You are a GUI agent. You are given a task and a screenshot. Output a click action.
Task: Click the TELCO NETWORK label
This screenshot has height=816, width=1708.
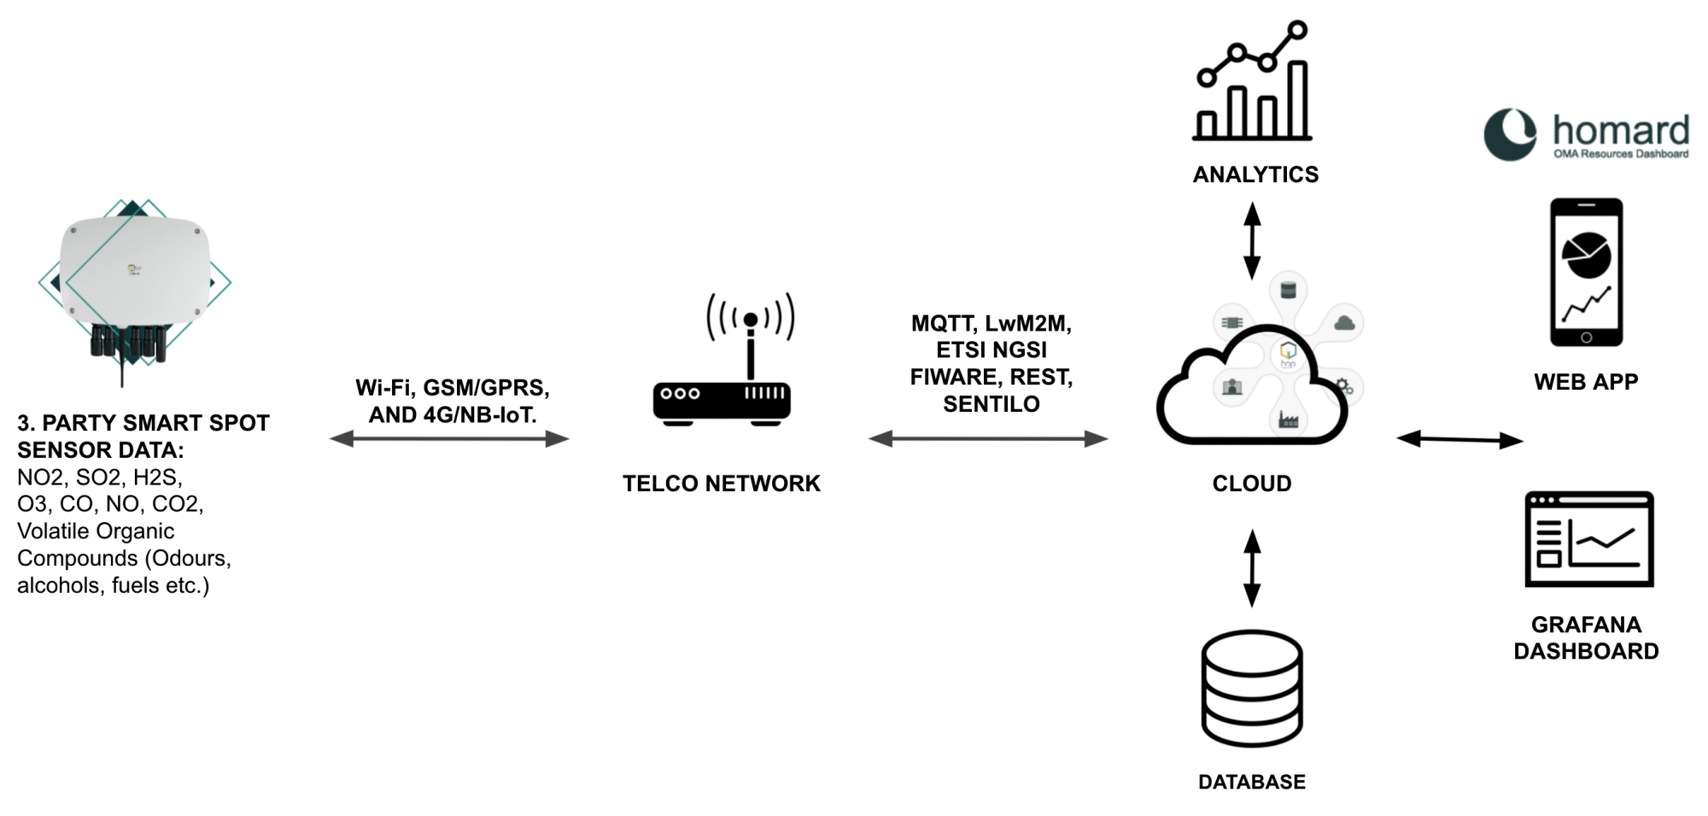point(721,484)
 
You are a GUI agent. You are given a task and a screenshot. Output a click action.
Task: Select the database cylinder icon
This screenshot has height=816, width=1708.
point(1252,688)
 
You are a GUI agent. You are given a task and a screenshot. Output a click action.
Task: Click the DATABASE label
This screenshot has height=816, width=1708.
point(1252,782)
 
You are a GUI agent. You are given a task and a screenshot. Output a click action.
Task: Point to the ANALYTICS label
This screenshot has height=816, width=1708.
point(1255,174)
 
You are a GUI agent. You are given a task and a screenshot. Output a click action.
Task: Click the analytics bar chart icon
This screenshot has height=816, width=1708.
point(1252,81)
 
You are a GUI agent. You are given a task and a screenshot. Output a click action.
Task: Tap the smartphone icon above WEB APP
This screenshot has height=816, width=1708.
point(1586,272)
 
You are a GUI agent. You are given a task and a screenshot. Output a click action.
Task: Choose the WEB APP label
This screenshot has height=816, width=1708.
point(1586,382)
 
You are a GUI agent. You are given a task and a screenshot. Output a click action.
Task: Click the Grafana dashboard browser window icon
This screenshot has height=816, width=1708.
point(1589,538)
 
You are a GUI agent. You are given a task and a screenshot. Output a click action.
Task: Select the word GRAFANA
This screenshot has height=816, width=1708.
point(1586,625)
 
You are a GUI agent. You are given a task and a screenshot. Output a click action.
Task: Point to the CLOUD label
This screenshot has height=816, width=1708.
point(1252,484)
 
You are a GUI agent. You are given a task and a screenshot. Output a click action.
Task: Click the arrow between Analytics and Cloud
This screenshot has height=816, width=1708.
point(1252,241)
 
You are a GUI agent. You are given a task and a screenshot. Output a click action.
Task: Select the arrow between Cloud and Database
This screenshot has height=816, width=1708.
point(1252,568)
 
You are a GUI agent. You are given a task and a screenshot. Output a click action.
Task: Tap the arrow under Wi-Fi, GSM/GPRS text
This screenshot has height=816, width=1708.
point(449,439)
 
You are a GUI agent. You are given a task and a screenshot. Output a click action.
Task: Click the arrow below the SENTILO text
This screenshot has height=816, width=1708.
point(988,439)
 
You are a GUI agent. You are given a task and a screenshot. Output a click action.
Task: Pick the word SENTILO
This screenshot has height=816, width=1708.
point(991,404)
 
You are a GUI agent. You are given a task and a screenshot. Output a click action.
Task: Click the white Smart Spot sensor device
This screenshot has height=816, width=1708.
point(135,273)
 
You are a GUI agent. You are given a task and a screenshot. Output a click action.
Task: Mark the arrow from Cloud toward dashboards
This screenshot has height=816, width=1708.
point(1459,440)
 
